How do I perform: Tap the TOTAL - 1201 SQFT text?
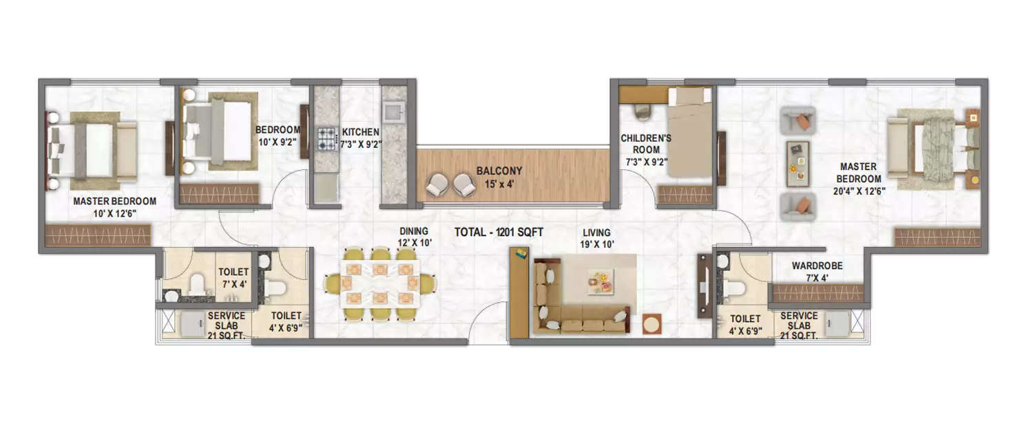[x=499, y=233]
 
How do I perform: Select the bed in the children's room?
[x=686, y=138]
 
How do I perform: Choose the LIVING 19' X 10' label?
[x=596, y=238]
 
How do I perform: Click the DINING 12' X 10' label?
[x=413, y=237]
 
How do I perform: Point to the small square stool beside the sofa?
[x=651, y=323]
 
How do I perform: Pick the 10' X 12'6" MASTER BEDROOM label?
[x=114, y=206]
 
